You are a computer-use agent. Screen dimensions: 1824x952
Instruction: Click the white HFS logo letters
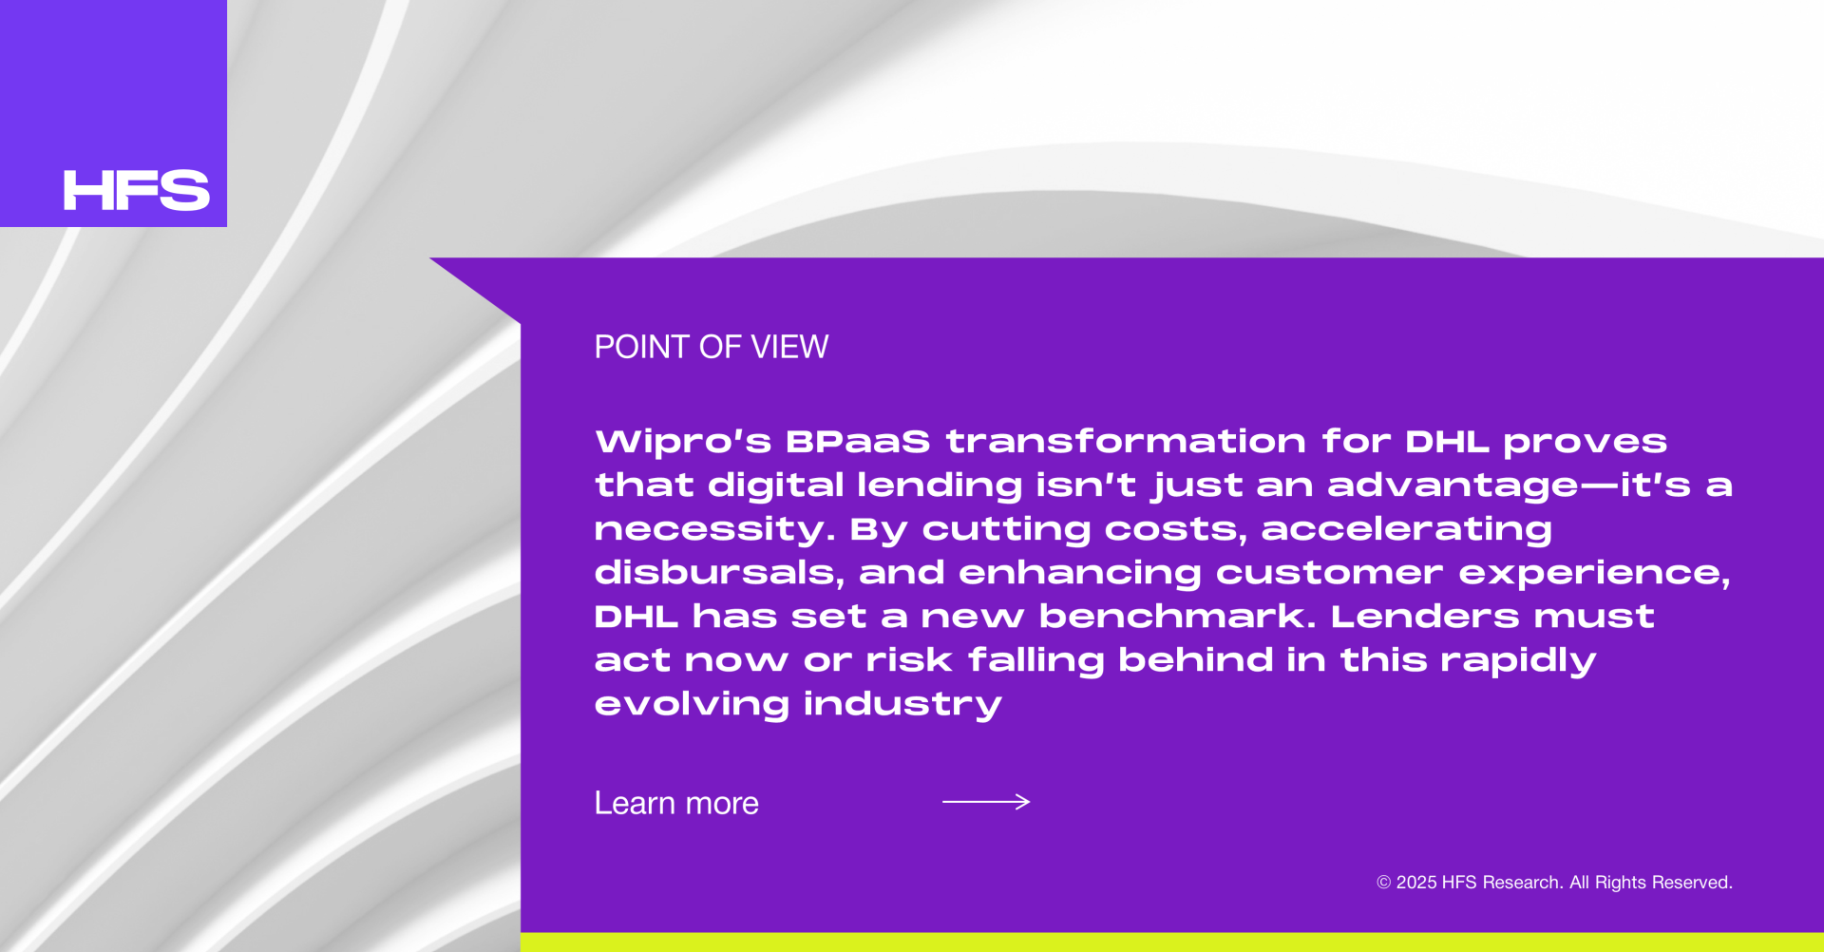click(136, 190)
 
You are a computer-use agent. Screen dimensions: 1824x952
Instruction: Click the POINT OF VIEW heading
click(712, 347)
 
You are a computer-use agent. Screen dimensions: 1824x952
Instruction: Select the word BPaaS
click(858, 442)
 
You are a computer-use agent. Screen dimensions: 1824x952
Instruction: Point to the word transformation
click(1126, 442)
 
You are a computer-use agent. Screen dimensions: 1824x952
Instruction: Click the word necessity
click(715, 530)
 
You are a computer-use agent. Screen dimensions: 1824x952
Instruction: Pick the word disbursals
click(720, 573)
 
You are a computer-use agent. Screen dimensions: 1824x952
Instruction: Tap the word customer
click(1330, 573)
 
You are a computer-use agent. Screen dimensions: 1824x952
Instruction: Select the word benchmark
click(1178, 617)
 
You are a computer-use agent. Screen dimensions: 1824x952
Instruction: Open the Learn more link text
click(676, 804)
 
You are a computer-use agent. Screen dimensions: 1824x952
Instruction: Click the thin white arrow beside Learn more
click(986, 802)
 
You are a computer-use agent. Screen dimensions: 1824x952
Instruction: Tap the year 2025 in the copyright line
click(1416, 883)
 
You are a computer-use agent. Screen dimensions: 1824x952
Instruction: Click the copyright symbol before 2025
click(1384, 883)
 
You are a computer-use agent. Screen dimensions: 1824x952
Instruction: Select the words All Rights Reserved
click(1651, 883)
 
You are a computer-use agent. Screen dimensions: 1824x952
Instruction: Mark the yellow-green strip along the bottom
click(1172, 942)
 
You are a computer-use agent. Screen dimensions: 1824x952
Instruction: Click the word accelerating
click(1407, 530)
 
